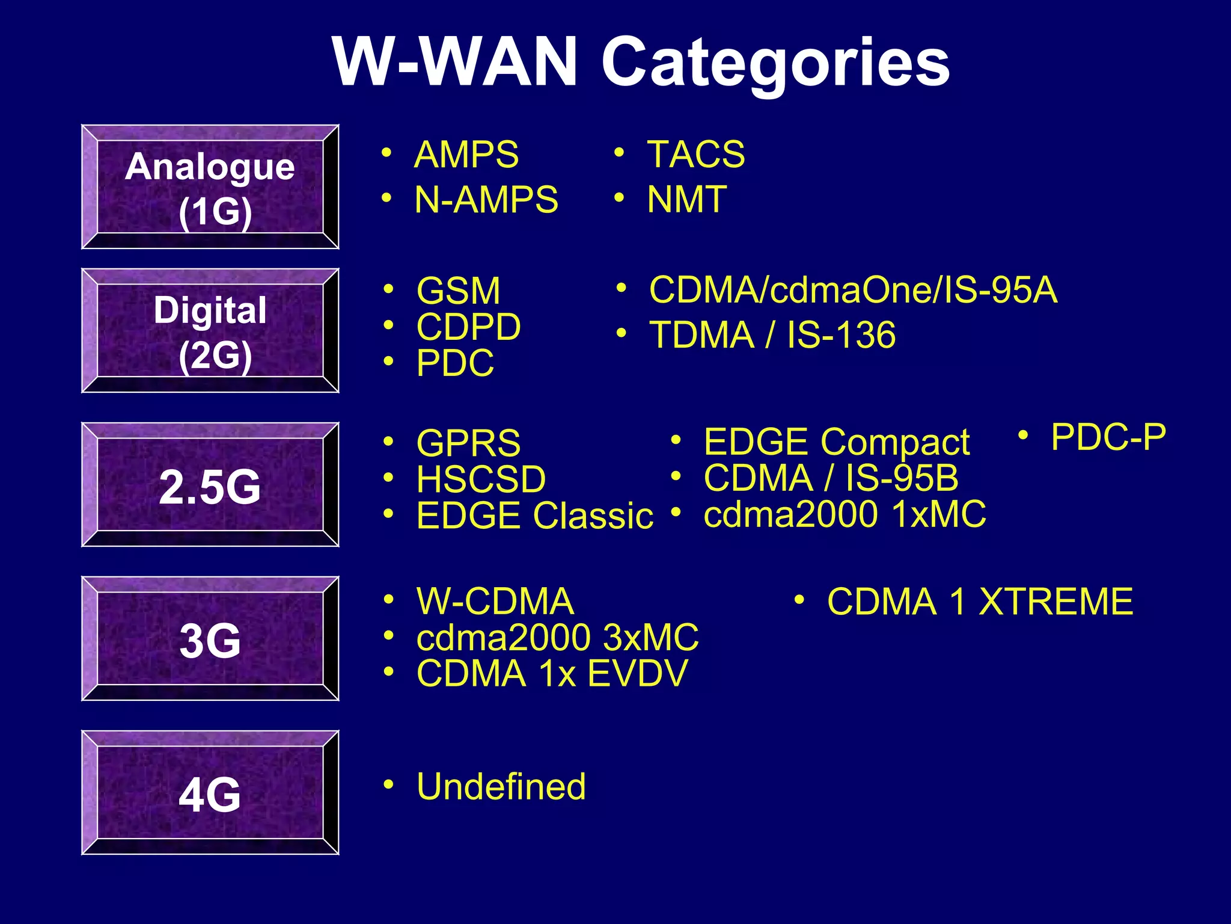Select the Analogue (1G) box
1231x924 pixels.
coord(210,187)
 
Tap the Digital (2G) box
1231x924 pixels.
coord(210,331)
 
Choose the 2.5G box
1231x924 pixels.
coord(210,485)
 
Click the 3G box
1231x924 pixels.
coord(210,639)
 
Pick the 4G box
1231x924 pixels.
coord(210,793)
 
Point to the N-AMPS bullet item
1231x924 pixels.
coord(486,200)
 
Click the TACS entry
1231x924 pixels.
coord(696,154)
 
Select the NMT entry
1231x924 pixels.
coord(687,200)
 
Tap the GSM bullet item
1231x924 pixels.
coord(458,291)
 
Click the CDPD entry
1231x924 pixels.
coord(468,327)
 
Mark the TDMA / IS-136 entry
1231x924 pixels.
coord(772,335)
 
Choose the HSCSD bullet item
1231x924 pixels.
coord(481,479)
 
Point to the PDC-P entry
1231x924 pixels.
coord(1108,437)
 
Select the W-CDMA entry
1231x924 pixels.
coord(495,601)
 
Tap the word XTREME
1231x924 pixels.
coord(1056,602)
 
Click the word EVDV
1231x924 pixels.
coord(637,673)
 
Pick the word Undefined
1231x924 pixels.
coord(501,786)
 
